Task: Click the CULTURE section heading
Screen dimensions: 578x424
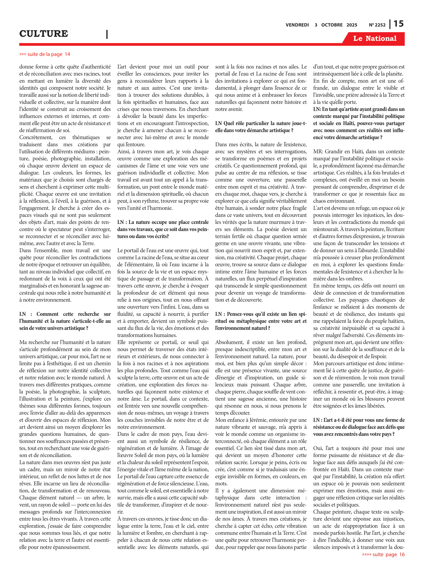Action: pyautogui.click(x=44, y=34)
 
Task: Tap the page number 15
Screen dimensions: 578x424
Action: pyautogui.click(x=399, y=24)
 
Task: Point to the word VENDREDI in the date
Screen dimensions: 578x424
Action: pyautogui.click(x=297, y=25)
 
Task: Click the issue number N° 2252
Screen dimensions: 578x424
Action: pyautogui.click(x=377, y=25)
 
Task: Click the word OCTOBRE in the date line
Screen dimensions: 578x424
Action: pyautogui.click(x=332, y=25)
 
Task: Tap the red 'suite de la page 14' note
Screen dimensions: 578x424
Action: pyautogui.click(x=45, y=54)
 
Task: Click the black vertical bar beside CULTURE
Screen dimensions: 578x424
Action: pyautogui.click(x=107, y=34)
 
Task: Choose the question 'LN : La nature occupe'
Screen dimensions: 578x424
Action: pyautogui.click(x=163, y=229)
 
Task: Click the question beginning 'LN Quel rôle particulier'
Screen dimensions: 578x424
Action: pyautogui.click(x=261, y=127)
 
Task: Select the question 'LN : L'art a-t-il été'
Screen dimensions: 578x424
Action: pyautogui.click(x=358, y=427)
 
